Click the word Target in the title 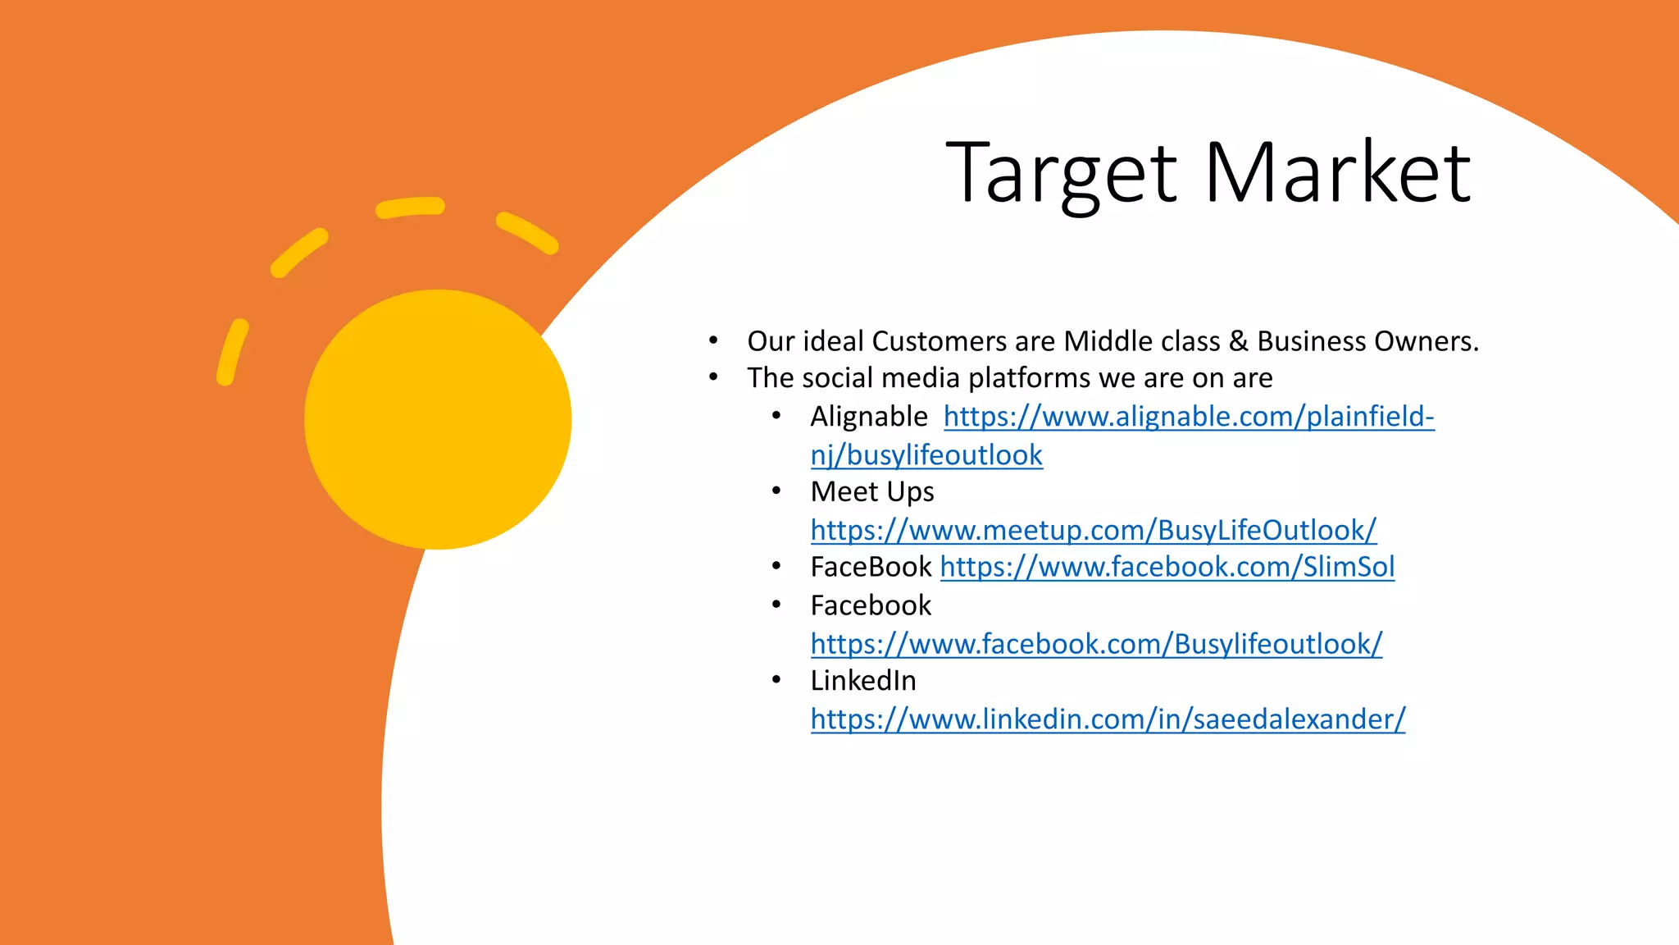coord(1062,174)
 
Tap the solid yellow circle coord(438,419)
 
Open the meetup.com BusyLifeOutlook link coord(1093,530)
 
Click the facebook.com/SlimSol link coord(1167,567)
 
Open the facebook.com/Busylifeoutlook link coord(1096,644)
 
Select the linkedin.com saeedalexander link coord(1108,719)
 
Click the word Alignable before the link coord(869,417)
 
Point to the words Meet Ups coord(872,491)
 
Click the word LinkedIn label coord(863,681)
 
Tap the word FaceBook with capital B coord(871,567)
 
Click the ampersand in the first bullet coord(1239,341)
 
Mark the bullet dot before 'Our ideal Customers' coord(714,340)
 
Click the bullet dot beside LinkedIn coord(776,680)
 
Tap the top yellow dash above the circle coord(411,207)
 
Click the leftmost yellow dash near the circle coord(232,352)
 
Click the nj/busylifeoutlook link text coord(926,455)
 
